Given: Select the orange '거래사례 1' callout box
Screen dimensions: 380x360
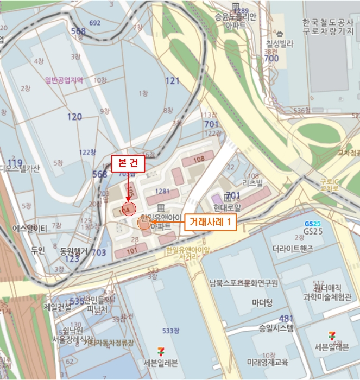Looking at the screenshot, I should click(x=211, y=222).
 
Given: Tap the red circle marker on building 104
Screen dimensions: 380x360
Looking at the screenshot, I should click(x=128, y=209).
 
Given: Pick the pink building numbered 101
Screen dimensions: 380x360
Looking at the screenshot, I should click(x=131, y=251).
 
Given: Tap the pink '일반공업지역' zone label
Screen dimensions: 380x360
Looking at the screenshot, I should click(x=64, y=80).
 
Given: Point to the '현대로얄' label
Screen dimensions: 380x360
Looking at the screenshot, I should click(x=226, y=206).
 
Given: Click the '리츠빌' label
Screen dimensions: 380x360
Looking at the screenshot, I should click(x=252, y=183).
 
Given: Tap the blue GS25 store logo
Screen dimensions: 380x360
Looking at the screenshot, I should click(x=312, y=224).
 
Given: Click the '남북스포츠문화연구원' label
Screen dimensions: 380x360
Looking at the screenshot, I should click(x=244, y=283).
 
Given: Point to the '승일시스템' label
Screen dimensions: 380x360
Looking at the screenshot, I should click(x=276, y=328).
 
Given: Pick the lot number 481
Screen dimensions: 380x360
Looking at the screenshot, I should click(x=286, y=318).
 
